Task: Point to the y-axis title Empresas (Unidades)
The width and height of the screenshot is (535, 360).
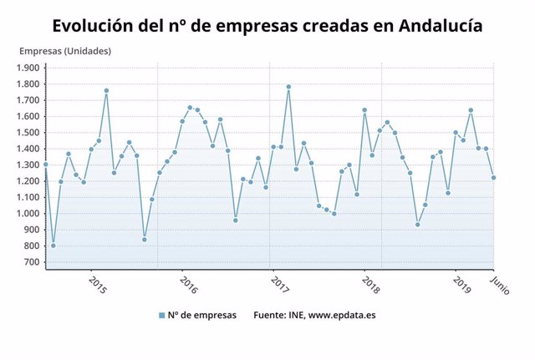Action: (65, 51)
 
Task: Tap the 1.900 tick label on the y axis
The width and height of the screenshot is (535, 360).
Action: (28, 68)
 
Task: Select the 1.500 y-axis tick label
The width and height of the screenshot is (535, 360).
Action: (28, 133)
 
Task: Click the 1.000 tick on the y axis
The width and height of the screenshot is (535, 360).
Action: (28, 214)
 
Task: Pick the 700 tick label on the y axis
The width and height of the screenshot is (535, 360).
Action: (32, 262)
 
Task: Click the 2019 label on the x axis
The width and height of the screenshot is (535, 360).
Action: (462, 285)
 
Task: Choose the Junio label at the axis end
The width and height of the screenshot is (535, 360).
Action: (499, 284)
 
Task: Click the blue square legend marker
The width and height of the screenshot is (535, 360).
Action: (162, 316)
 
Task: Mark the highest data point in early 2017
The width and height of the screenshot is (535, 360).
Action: (288, 87)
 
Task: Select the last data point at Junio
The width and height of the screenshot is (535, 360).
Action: (494, 177)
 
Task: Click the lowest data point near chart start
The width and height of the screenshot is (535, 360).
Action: (53, 246)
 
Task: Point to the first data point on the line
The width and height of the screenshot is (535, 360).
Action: (46, 165)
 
